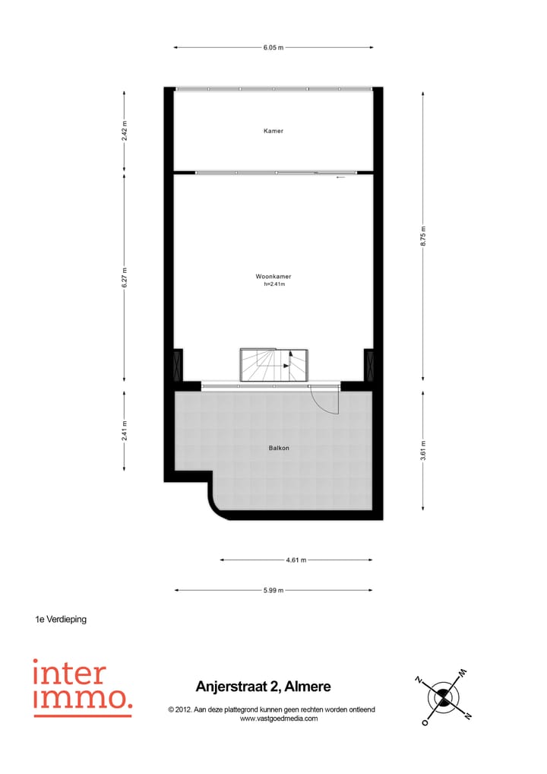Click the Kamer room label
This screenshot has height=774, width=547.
[x=273, y=131]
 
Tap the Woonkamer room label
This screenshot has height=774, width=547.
[x=273, y=277]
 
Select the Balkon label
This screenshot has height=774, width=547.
[x=279, y=448]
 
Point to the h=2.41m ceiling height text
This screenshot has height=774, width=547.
[x=273, y=285]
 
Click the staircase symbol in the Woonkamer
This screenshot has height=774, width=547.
[x=273, y=364]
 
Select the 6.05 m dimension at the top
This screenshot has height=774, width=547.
[x=273, y=47]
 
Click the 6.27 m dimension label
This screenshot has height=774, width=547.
[x=125, y=276]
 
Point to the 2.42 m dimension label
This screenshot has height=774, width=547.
[x=125, y=131]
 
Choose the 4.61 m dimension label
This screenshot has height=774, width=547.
[x=296, y=560]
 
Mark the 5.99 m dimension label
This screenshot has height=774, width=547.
[x=273, y=590]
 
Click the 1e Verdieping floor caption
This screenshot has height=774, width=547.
[x=61, y=619]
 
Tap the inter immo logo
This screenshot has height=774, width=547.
[x=82, y=687]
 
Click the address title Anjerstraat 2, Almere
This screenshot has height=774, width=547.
[x=264, y=687]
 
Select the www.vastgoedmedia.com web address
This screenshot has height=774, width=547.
[x=279, y=718]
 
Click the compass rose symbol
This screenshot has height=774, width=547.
[x=442, y=696]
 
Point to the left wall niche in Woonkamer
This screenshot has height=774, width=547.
[x=178, y=365]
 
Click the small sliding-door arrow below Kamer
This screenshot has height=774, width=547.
[x=340, y=177]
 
